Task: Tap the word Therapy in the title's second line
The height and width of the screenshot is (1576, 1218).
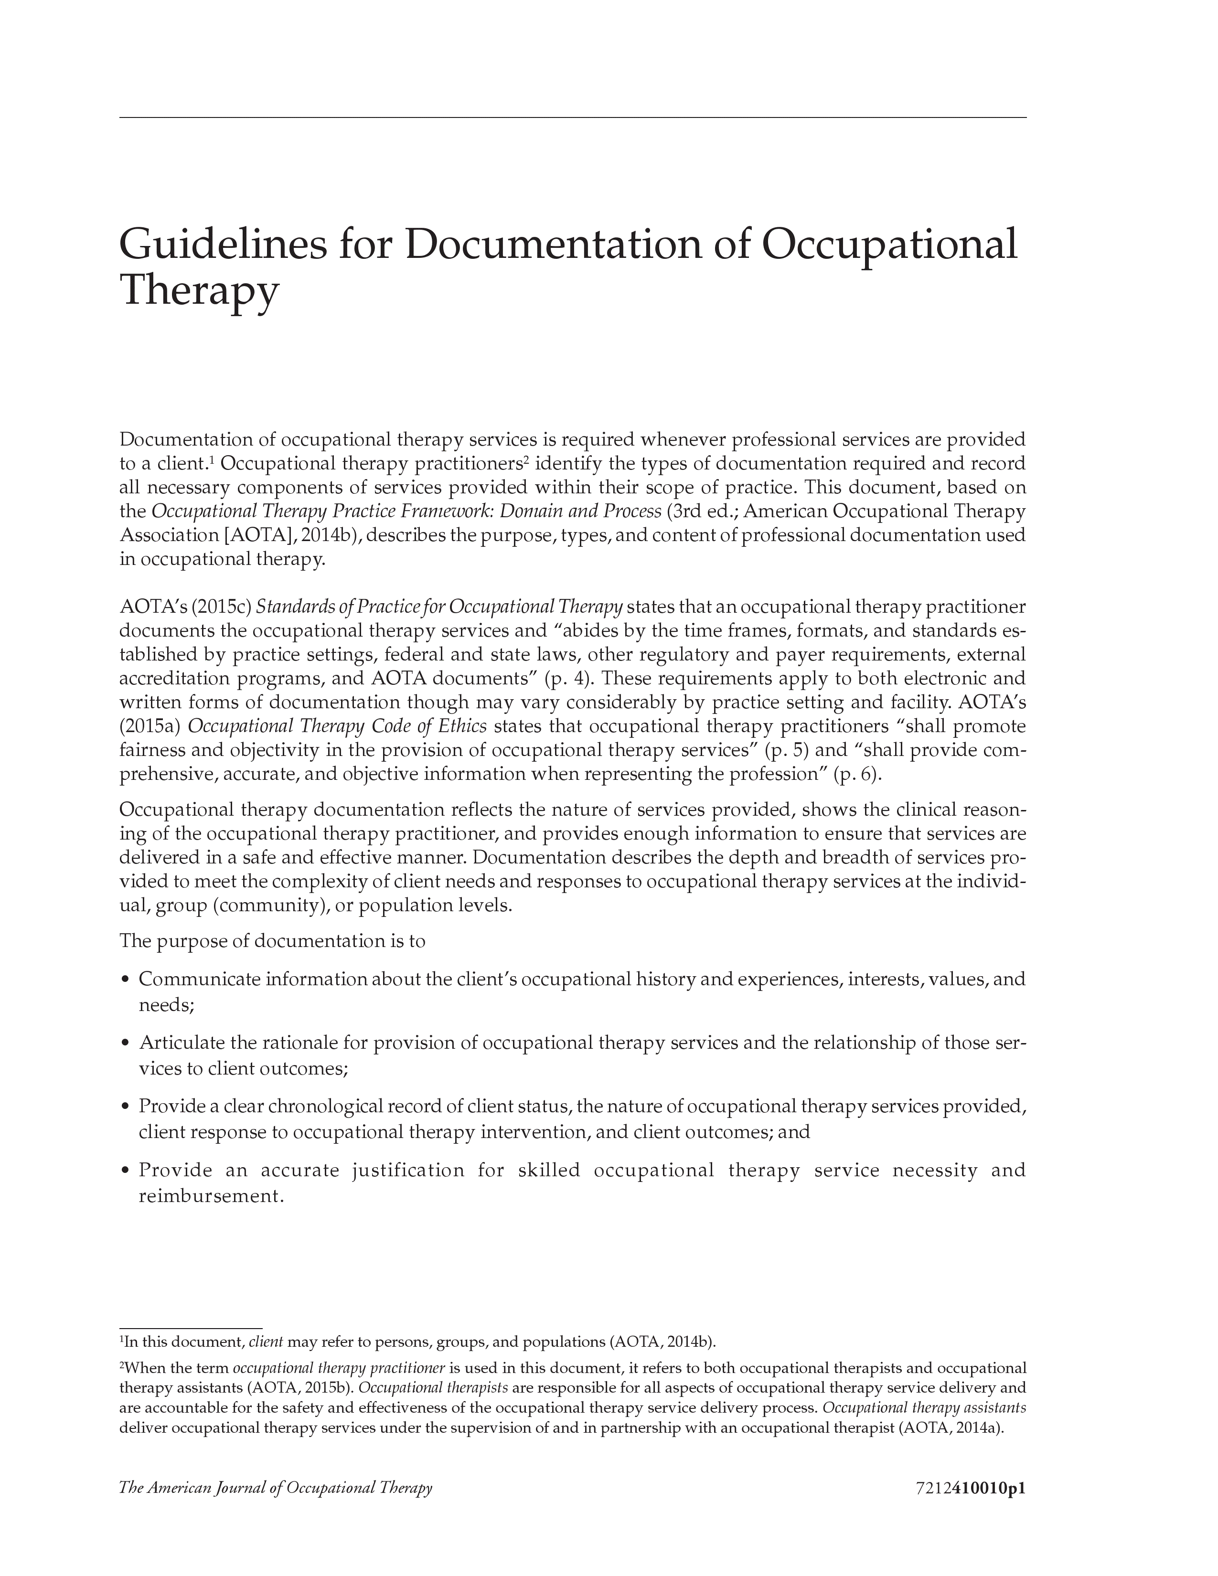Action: (199, 291)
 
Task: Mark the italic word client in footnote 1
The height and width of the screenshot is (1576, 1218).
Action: (265, 1342)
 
